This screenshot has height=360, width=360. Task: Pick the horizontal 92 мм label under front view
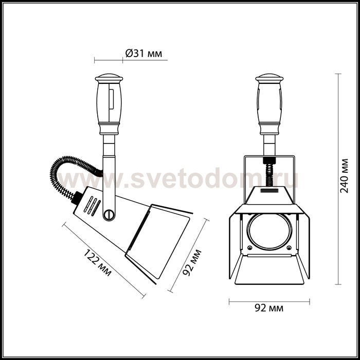[269, 308]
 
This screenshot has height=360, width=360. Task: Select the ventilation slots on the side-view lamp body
[91, 206]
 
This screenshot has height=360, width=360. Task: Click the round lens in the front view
[269, 229]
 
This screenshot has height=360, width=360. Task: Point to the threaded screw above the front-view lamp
[268, 169]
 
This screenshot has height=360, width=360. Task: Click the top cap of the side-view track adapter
[109, 79]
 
